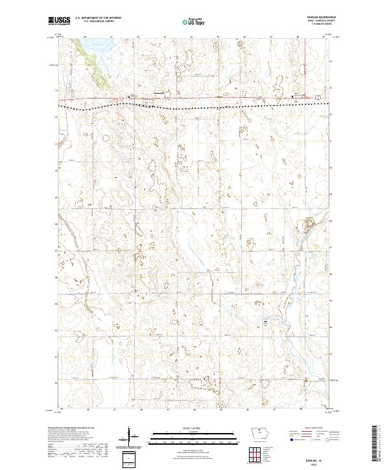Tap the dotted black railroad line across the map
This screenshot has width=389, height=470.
194,104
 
